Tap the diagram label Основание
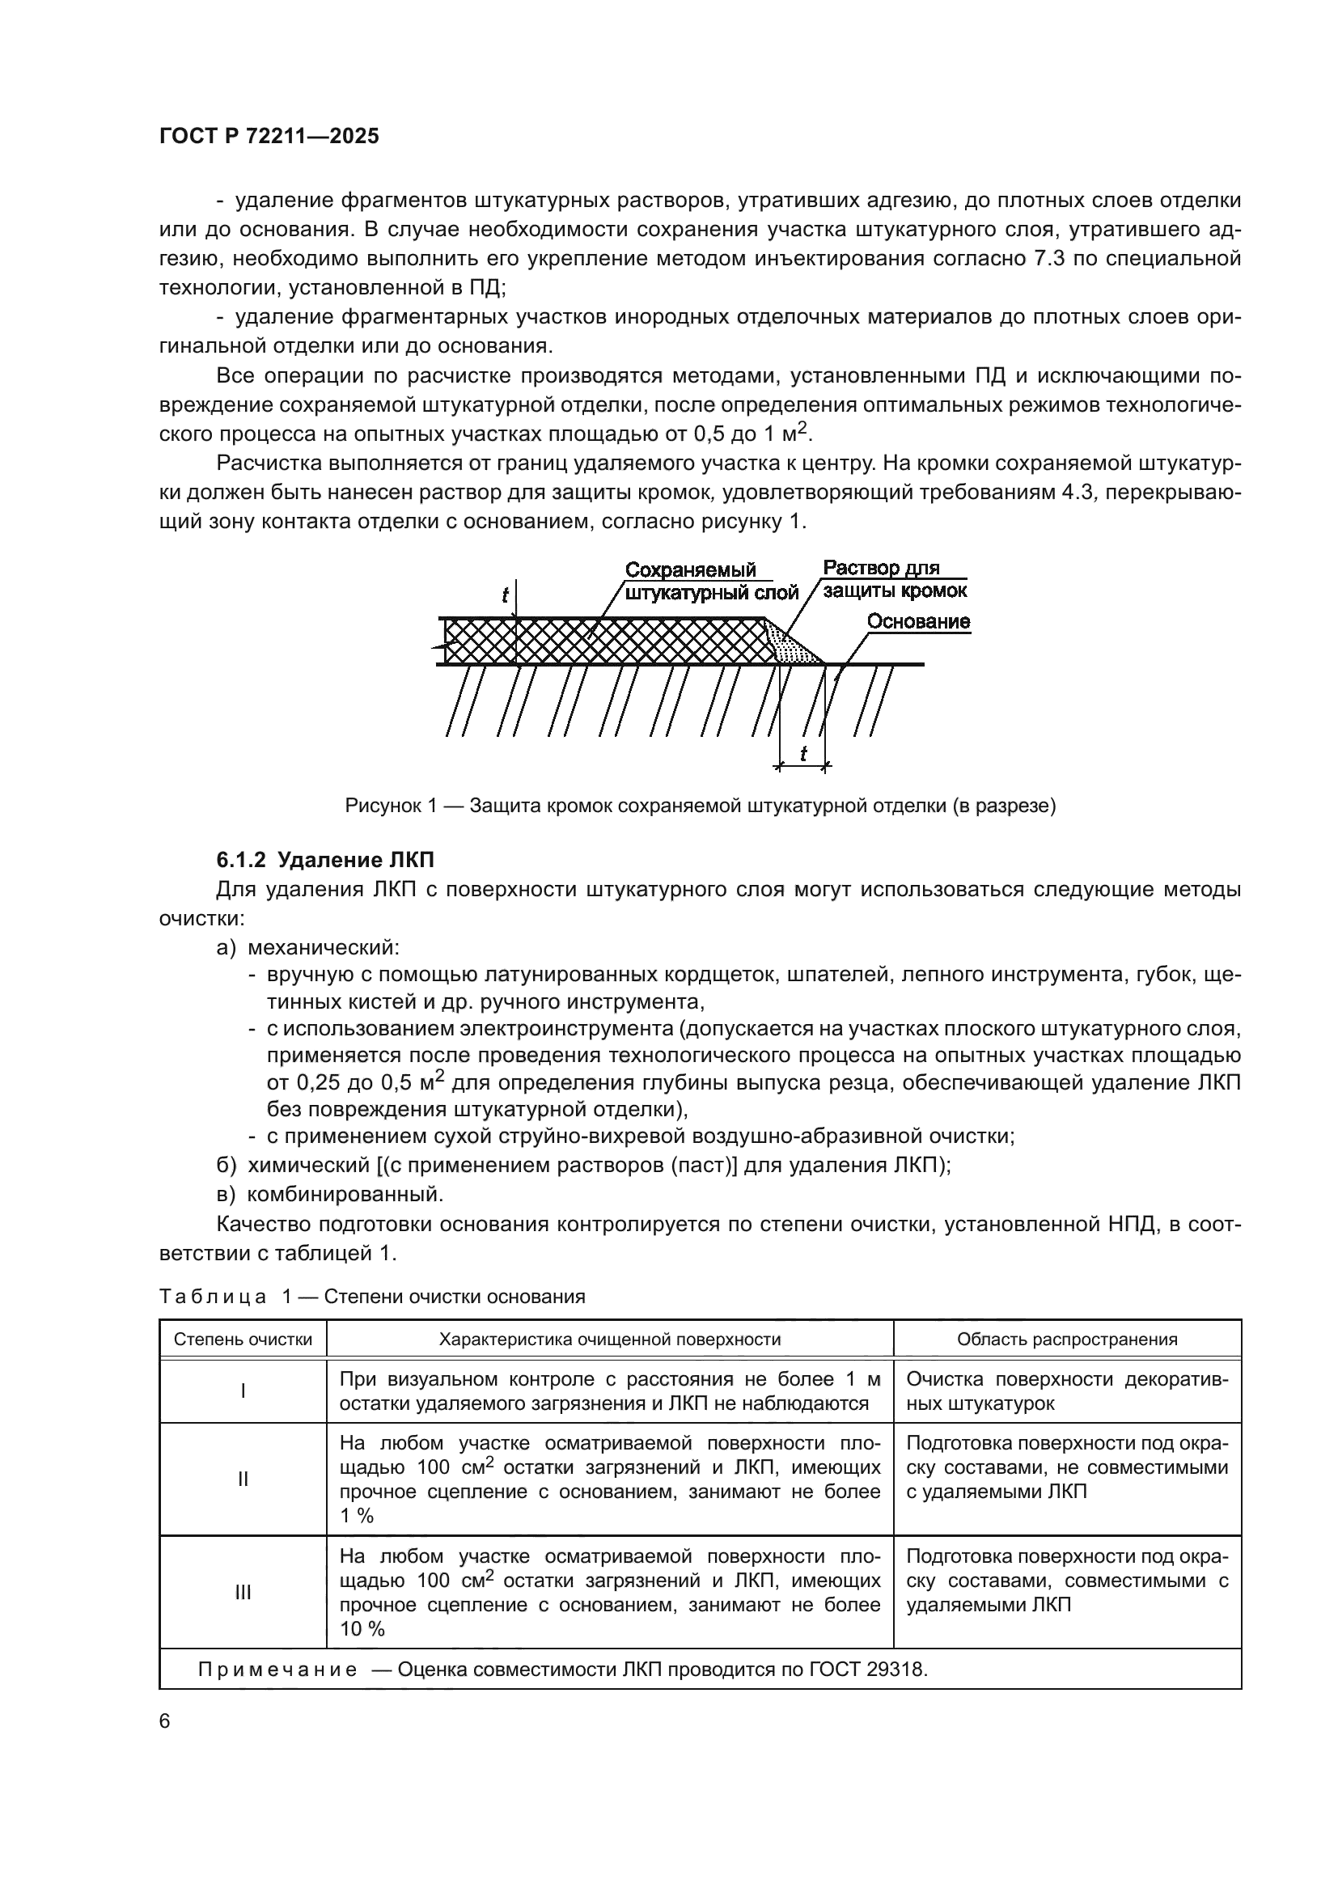(918, 621)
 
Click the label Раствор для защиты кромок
(894, 579)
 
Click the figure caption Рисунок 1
(701, 805)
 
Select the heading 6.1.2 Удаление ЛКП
(324, 860)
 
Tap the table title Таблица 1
(371, 1296)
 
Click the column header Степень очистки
(243, 1339)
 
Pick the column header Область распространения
(1066, 1339)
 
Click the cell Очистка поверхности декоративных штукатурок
(1066, 1391)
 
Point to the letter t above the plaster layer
(505, 595)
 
